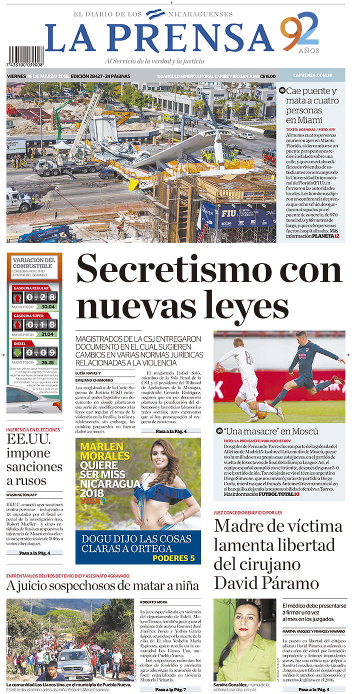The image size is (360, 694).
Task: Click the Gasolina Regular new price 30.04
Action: coord(48,306)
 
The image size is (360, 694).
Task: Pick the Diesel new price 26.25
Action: coord(48,362)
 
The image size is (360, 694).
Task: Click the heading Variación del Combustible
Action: coord(34,263)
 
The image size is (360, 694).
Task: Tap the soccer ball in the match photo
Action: coord(262,414)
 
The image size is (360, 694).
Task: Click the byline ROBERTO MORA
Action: coord(153,602)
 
